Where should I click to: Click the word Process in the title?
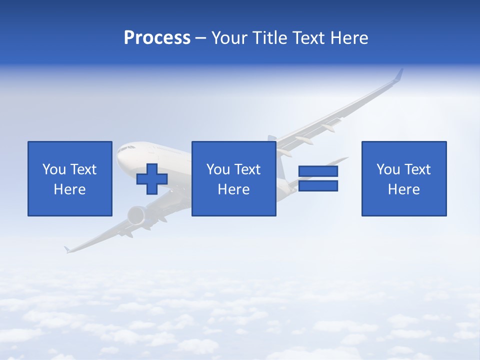157,38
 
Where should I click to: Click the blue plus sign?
152,179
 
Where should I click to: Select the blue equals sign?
318,178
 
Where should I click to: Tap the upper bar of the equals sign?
318,171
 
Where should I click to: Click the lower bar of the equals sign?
318,186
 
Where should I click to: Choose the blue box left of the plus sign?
70,179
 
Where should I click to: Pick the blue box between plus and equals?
233,179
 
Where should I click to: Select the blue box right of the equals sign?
404,179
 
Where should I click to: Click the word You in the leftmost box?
54,169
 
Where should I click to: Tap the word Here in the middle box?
233,189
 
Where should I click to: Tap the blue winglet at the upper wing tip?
398,74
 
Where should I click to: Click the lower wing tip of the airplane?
66,249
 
